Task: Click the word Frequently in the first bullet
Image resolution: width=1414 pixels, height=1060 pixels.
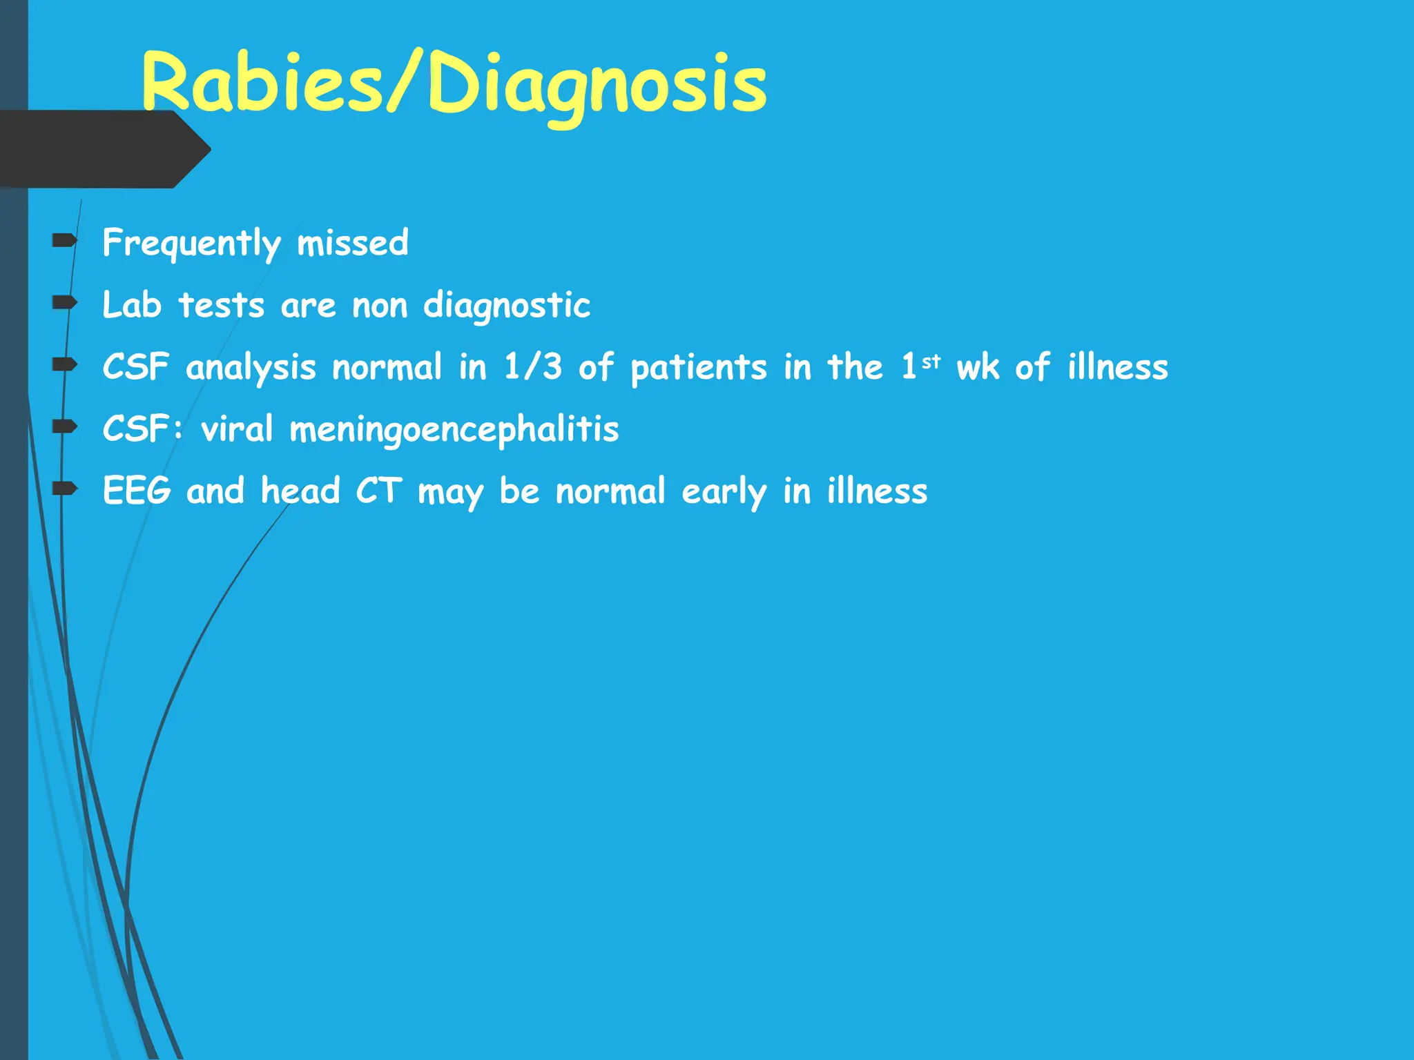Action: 191,244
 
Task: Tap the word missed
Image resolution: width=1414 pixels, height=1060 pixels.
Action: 352,243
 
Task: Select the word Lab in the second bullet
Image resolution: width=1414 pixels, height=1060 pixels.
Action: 131,305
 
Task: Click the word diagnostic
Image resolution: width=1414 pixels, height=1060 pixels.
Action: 506,306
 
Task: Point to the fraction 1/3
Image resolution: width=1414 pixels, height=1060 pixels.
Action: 532,366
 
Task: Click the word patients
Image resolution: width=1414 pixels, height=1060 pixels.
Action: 698,368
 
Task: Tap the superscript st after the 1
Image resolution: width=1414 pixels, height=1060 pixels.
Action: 931,361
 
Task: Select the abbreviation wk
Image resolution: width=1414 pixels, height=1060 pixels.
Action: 978,366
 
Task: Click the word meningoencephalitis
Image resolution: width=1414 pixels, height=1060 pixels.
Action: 454,429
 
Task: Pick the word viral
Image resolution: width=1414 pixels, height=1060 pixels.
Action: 237,429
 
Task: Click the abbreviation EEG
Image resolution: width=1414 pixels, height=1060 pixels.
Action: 136,491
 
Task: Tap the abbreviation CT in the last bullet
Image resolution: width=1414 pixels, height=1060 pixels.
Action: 378,491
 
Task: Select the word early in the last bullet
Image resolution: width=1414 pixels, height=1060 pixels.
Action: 724,492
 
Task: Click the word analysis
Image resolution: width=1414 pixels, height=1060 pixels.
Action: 251,368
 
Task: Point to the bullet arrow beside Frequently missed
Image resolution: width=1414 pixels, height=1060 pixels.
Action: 65,240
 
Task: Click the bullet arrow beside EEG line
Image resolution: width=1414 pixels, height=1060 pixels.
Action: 65,489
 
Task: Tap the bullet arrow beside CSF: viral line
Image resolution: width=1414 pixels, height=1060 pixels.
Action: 65,426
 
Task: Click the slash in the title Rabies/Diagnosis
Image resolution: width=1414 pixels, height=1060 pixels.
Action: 404,83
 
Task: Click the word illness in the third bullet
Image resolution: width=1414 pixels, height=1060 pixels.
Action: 1117,366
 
